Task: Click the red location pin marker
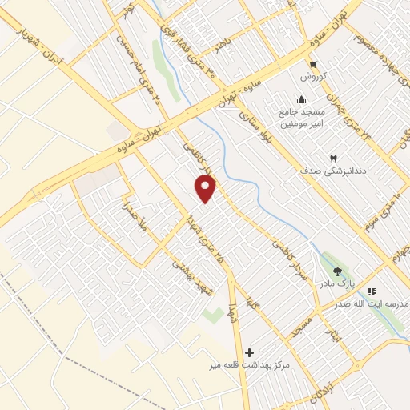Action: tap(207, 189)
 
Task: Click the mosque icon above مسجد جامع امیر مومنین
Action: tap(300, 99)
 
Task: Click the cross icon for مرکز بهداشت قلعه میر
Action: tap(249, 352)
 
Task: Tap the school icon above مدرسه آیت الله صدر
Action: tap(372, 291)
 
